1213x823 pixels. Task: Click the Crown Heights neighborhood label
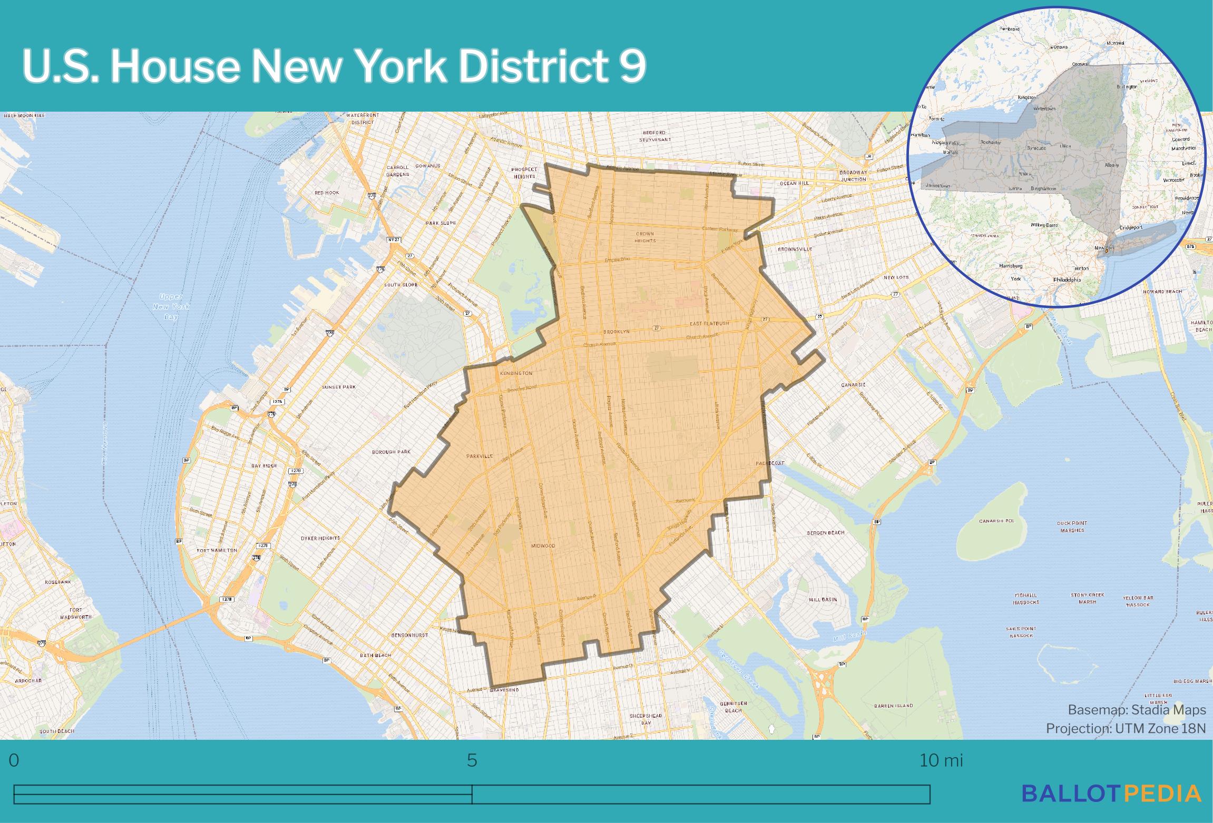click(645, 237)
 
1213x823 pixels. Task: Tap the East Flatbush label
click(710, 323)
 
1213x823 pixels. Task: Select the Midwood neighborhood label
click(543, 546)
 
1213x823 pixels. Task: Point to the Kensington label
click(516, 373)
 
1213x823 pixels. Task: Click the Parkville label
click(480, 457)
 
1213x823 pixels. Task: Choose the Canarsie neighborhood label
click(854, 385)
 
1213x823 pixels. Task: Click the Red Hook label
click(327, 193)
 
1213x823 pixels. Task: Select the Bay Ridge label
click(263, 466)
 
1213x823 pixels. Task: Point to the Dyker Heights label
click(320, 539)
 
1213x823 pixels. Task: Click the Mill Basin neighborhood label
click(823, 600)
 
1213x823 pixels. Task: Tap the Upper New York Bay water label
click(171, 306)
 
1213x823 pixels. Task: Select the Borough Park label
click(391, 452)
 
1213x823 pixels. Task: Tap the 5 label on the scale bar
click(472, 761)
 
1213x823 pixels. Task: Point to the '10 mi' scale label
click(941, 761)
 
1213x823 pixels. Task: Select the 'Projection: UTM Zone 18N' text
click(1126, 728)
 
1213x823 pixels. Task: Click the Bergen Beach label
click(825, 533)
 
